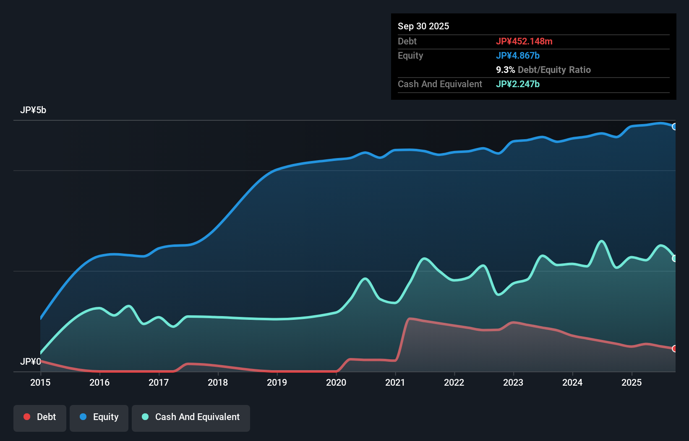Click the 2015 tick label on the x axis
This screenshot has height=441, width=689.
pos(40,382)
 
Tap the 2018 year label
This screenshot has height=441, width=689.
pos(218,382)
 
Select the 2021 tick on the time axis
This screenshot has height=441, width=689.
pos(395,382)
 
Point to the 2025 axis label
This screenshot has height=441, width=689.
pos(632,382)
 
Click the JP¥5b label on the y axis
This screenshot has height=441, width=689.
pos(33,110)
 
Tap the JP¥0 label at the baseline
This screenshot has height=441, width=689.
pos(30,361)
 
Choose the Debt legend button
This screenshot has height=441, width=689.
pos(40,417)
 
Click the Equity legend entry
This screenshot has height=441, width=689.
pos(99,417)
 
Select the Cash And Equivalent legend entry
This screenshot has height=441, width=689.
pos(191,417)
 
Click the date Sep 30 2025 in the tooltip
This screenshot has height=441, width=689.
pos(423,26)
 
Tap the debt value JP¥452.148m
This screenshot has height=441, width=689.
pos(524,41)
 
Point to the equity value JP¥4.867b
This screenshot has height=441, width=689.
pos(518,55)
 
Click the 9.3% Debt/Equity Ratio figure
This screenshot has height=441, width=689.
pos(543,70)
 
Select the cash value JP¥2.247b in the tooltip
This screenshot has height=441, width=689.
pos(518,84)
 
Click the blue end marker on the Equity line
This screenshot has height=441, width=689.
pos(674,127)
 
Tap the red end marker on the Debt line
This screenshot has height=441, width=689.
pos(674,349)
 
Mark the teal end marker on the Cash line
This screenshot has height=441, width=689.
pos(674,259)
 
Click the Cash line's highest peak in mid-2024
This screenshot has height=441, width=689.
pos(602,241)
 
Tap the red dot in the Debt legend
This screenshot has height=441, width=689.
pos(27,417)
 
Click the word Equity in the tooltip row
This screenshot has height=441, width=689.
pos(410,55)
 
